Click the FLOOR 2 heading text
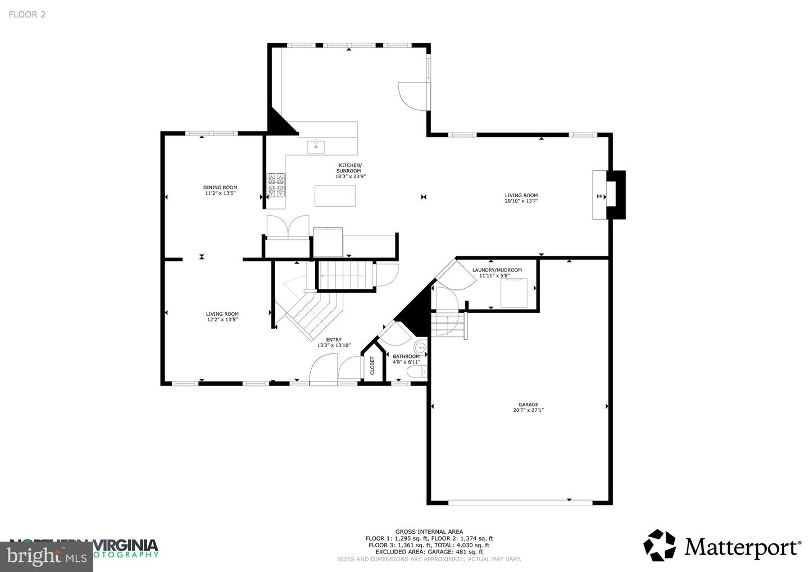click(x=27, y=15)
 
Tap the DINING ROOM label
click(x=220, y=188)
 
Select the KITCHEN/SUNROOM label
click(x=349, y=168)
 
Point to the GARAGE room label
click(x=528, y=405)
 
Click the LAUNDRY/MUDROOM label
click(x=497, y=270)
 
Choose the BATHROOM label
click(x=406, y=356)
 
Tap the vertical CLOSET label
click(x=372, y=366)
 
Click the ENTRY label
click(x=334, y=339)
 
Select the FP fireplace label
click(x=599, y=196)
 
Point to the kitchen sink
click(x=316, y=147)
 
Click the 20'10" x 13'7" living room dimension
click(x=521, y=201)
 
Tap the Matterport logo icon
click(x=660, y=546)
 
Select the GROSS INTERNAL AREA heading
click(x=429, y=532)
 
